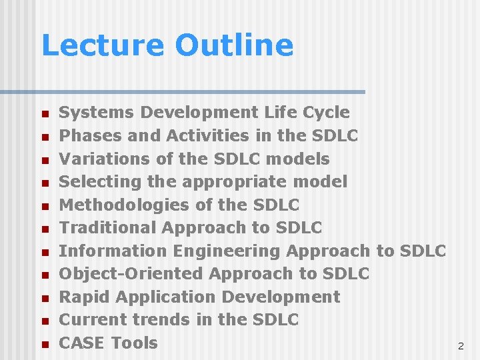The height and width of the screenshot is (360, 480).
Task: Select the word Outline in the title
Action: pyautogui.click(x=234, y=45)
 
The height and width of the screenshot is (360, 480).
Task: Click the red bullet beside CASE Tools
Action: pyautogui.click(x=45, y=345)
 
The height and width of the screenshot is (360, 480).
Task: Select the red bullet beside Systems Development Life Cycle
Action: pyautogui.click(x=45, y=114)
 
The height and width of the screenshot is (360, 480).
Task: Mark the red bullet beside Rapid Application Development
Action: pyautogui.click(x=45, y=299)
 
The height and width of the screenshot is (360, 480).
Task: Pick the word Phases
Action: pyautogui.click(x=85, y=135)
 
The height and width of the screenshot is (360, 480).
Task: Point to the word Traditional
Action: pyautogui.click(x=108, y=227)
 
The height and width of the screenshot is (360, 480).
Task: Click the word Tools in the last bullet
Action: pyautogui.click(x=134, y=343)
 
